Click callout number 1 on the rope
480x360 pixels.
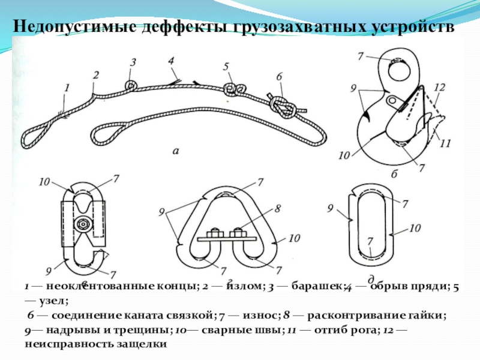tap(67, 87)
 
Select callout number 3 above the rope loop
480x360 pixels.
tap(133, 62)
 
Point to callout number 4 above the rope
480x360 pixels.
tap(171, 61)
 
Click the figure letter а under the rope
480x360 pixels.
tap(176, 151)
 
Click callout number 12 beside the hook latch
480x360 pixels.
tap(440, 87)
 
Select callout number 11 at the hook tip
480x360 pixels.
tap(445, 143)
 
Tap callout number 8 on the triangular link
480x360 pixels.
tap(278, 210)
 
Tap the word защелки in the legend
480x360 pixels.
tap(140, 344)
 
